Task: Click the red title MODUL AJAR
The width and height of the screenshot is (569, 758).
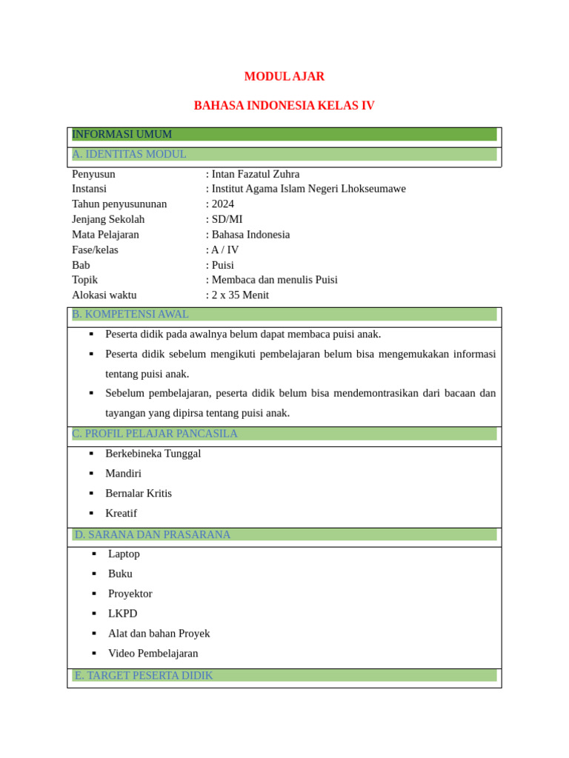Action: [284, 76]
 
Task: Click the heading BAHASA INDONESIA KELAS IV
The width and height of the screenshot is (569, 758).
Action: [284, 106]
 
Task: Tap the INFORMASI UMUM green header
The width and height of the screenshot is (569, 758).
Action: [122, 134]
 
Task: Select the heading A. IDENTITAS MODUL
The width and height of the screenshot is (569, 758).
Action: [130, 154]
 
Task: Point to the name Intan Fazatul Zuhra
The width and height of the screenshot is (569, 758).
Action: [256, 174]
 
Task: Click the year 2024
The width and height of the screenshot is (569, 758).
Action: [222, 204]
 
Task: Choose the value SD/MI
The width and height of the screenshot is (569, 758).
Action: [227, 219]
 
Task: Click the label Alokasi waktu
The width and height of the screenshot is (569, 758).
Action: [104, 295]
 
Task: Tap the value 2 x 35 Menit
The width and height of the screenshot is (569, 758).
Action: [240, 295]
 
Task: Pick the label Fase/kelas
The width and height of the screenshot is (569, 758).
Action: [95, 249]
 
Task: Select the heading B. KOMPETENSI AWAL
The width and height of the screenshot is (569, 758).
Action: [130, 314]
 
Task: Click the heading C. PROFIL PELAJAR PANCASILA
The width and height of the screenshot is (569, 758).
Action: [155, 433]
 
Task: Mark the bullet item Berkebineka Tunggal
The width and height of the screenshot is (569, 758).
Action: [153, 453]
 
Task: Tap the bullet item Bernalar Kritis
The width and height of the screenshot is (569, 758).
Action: [139, 493]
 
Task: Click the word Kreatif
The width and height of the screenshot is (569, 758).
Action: [122, 513]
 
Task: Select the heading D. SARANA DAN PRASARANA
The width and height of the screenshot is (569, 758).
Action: [153, 534]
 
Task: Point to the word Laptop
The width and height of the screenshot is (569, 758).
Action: [124, 554]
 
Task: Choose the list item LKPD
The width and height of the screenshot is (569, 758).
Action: [123, 614]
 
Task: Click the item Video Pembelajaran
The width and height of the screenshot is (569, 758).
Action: [153, 653]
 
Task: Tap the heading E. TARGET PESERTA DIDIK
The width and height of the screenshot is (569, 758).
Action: [144, 675]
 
